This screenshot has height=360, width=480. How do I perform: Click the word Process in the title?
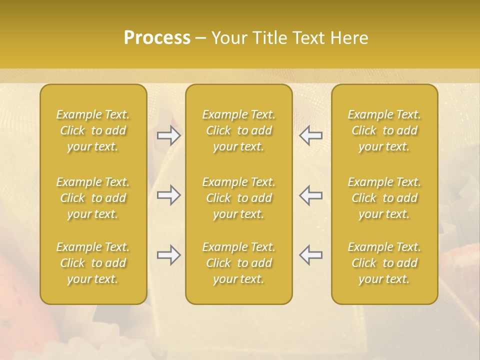[157, 38]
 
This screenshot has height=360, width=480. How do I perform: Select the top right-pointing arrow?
[169, 135]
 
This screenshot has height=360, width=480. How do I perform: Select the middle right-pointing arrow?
[169, 195]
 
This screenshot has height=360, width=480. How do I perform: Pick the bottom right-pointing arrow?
[169, 255]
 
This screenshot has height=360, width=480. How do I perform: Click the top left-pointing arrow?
[310, 135]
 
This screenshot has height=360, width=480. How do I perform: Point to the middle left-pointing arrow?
[310, 195]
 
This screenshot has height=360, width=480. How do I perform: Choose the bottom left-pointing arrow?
[310, 255]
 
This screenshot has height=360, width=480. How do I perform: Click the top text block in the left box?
[93, 130]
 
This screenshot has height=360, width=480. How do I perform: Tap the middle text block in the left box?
[93, 198]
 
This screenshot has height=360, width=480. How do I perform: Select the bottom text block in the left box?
[93, 263]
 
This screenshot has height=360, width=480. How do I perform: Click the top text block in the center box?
[239, 130]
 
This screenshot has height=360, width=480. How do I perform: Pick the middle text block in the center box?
[239, 198]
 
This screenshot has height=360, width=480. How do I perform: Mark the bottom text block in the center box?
[239, 263]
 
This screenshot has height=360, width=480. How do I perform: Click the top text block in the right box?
[384, 130]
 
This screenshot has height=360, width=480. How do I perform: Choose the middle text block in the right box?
[384, 198]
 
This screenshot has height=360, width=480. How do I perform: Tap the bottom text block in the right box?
[384, 263]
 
